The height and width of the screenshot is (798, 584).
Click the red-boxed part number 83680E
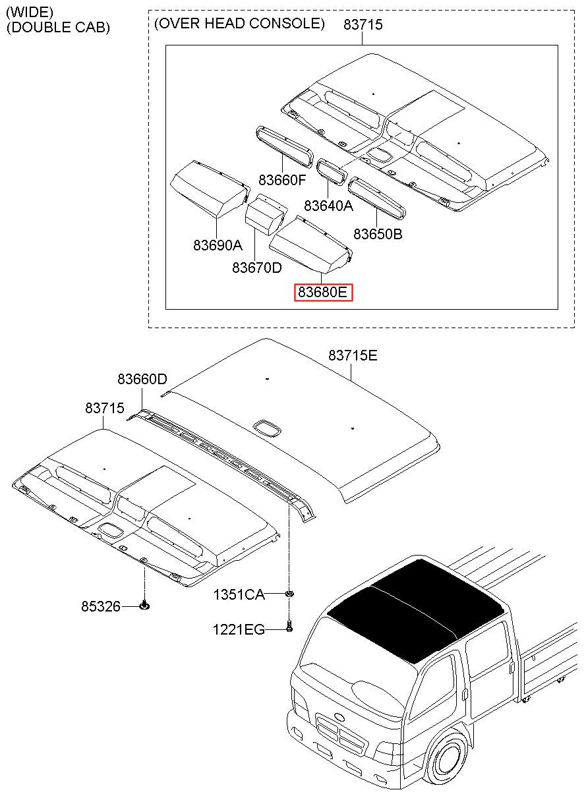coord(324,292)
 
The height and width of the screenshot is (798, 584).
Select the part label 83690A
coord(218,245)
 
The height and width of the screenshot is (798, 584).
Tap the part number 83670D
coord(257,268)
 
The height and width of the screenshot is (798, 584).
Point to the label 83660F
coord(283,179)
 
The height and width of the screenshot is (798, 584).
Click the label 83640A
coord(329,205)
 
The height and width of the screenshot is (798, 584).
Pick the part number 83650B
coord(378,234)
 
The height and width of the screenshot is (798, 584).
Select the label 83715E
coord(353,356)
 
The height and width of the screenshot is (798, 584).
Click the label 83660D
coord(142,380)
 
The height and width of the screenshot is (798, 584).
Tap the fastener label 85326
coord(101,606)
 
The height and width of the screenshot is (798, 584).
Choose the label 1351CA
coord(239,595)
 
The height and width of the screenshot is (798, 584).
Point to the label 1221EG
coord(239,630)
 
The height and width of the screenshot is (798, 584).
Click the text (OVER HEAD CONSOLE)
coord(239,24)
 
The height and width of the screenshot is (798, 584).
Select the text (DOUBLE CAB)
coord(58,28)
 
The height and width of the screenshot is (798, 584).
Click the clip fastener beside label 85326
coord(144,605)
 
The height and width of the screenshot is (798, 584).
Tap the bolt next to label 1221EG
coord(289,627)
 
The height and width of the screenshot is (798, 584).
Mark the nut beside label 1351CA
coord(289,594)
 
